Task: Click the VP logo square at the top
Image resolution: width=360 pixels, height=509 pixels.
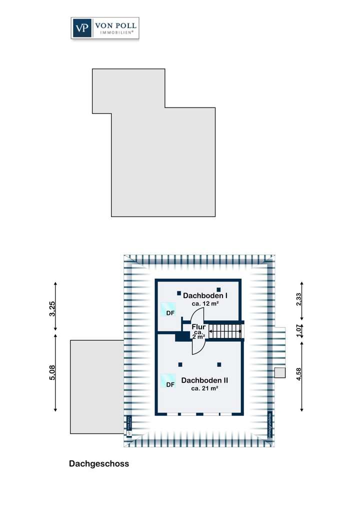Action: (x=82, y=28)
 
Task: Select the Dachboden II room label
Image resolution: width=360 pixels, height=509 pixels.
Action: (x=205, y=380)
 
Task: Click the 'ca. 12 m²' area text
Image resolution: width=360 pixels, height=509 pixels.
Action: (x=206, y=303)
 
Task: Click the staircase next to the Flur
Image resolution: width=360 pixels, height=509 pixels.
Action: (x=225, y=330)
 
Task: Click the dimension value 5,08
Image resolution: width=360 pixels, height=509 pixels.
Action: (x=52, y=372)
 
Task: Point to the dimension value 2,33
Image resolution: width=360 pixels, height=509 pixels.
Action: (x=299, y=300)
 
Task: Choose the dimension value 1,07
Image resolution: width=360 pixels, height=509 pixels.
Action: (x=299, y=330)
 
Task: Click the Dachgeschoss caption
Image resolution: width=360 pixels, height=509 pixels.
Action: (x=99, y=464)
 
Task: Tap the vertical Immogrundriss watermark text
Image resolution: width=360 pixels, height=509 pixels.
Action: (x=269, y=426)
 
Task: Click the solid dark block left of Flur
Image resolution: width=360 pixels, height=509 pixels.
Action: (x=182, y=337)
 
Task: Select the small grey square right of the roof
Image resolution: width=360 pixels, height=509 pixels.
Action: (x=279, y=372)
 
